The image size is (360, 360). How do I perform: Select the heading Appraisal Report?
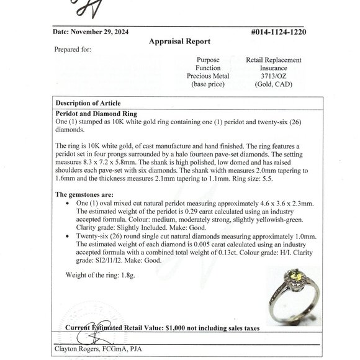coord(179,42)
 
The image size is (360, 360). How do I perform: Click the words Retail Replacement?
coord(274,60)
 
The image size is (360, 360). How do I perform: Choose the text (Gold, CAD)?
coord(274,84)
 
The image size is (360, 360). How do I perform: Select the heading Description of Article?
coord(88,102)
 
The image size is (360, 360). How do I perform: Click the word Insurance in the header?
coord(274,68)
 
